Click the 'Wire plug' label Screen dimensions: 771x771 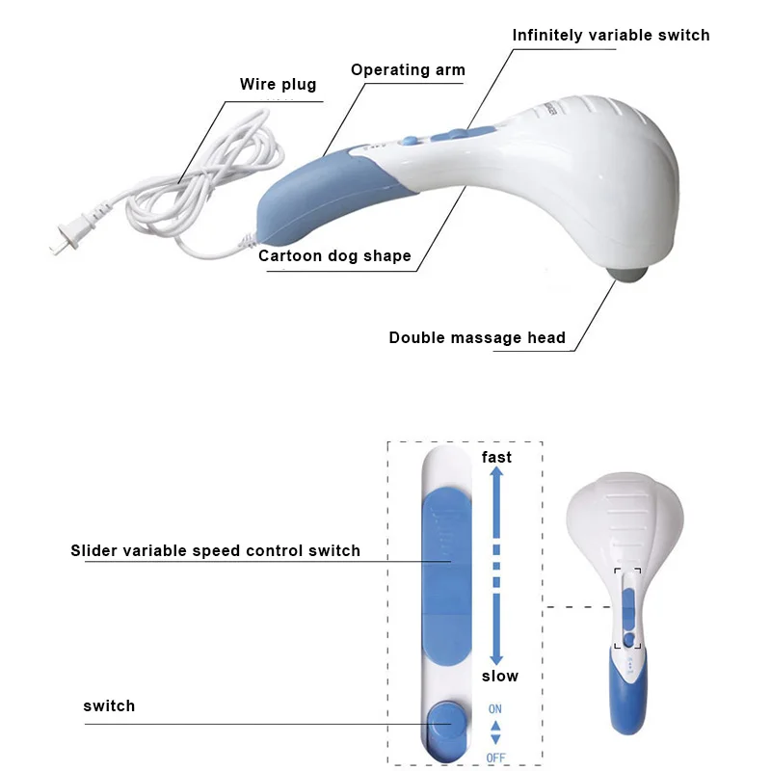pos(278,85)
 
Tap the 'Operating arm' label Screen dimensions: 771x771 pos(408,69)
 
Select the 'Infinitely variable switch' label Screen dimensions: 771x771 pos(610,36)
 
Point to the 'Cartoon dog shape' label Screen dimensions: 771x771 pos(334,256)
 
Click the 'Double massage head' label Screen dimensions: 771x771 pos(477,338)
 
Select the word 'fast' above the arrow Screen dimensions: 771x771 pos(496,457)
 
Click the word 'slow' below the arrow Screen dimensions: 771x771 pos(499,677)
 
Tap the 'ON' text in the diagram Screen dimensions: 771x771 pos(495,709)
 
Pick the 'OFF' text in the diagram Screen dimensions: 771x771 pos(495,758)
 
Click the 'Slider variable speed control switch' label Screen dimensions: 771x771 pos(215,551)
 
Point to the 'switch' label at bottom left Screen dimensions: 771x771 pos(109,706)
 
